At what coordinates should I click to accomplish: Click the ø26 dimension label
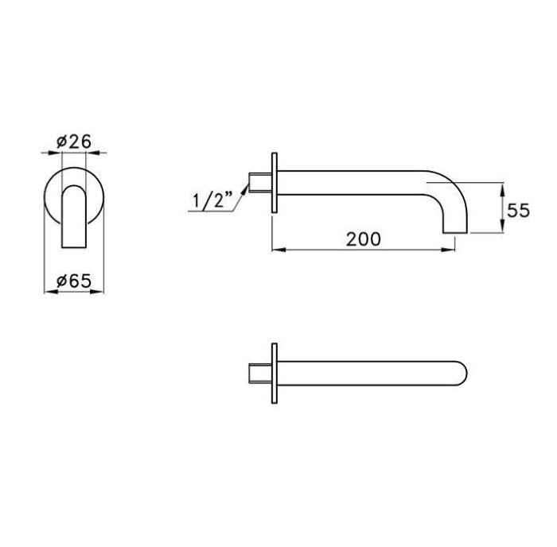[x=74, y=142]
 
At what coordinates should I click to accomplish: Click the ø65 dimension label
[x=74, y=280]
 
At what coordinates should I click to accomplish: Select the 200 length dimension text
[x=364, y=238]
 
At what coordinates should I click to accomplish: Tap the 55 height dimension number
[x=519, y=211]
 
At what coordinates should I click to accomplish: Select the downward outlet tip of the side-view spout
[x=454, y=228]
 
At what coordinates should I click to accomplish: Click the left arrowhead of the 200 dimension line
[x=277, y=250]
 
